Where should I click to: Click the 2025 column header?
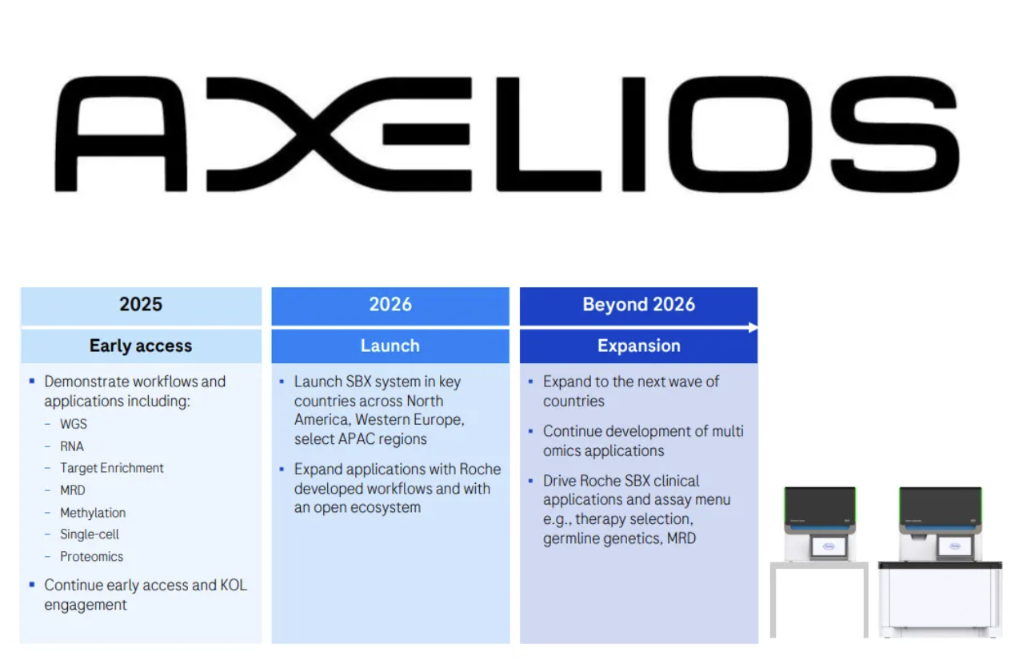click(x=141, y=304)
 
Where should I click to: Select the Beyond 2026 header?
click(x=638, y=304)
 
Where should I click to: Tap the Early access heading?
click(x=141, y=346)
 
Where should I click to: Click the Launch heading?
click(x=390, y=346)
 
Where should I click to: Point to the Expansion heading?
click(x=638, y=346)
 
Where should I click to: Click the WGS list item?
click(x=74, y=424)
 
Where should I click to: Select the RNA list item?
click(x=72, y=446)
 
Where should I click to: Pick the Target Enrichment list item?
click(x=112, y=468)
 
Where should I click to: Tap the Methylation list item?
click(x=93, y=513)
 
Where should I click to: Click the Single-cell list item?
click(x=90, y=534)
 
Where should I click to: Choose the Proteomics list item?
click(x=92, y=557)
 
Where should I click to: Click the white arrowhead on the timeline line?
click(x=753, y=327)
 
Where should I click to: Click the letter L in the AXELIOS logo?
click(x=549, y=134)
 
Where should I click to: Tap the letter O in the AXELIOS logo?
click(x=740, y=134)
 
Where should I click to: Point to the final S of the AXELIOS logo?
click(x=895, y=134)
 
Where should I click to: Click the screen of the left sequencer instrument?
click(x=829, y=546)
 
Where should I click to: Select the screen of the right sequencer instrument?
click(x=955, y=546)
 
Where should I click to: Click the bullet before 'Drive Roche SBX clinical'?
click(x=531, y=481)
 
